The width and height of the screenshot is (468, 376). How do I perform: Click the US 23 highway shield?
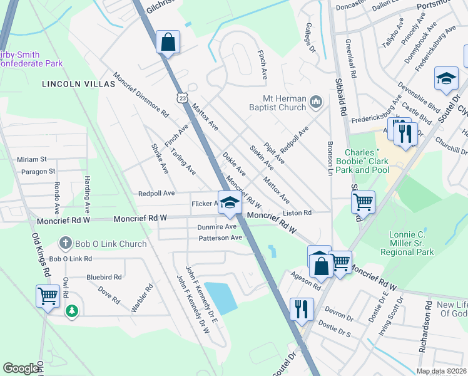[x=181, y=98]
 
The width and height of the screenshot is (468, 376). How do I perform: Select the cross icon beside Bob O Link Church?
[x=64, y=243]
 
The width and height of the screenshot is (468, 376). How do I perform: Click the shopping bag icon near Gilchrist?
[x=168, y=43]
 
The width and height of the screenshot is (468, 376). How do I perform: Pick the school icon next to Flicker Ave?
[x=230, y=202]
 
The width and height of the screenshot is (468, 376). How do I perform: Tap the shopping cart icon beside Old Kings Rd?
[x=48, y=296]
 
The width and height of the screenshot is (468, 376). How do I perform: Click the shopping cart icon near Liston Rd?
[x=363, y=202]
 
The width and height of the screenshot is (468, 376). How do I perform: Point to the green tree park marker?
[x=73, y=310]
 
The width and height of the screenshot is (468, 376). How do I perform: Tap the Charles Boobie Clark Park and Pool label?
[x=367, y=161]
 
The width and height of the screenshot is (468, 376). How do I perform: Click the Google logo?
[x=21, y=368]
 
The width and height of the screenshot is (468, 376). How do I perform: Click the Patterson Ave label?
[x=220, y=238]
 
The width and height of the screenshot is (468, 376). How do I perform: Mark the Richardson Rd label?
[x=426, y=326]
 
